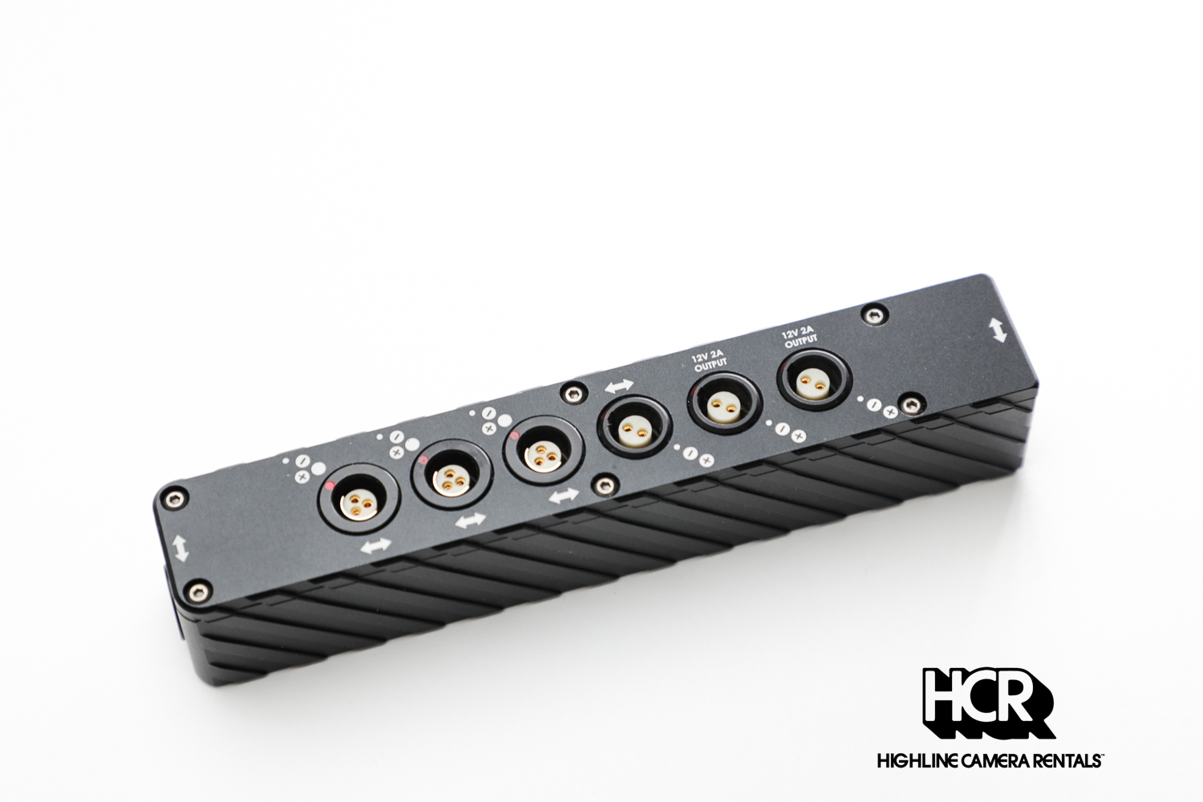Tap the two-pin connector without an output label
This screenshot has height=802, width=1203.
pos(634,427)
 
